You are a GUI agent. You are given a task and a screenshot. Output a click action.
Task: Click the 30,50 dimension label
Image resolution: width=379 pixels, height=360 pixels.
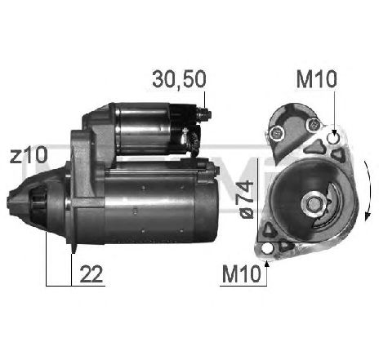[179, 79]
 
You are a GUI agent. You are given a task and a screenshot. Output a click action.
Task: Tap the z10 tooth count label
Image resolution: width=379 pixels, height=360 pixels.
[29, 155]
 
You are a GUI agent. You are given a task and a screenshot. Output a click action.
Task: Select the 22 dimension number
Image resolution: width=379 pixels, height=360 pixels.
[91, 274]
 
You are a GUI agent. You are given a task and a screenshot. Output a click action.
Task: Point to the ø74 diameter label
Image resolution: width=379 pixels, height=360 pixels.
[246, 199]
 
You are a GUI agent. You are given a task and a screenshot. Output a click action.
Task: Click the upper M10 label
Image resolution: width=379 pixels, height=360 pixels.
[317, 79]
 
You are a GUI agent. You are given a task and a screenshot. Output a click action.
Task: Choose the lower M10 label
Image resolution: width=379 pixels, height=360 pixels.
[242, 274]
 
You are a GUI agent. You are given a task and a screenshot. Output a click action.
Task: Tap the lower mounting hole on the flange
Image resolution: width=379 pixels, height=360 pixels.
[267, 248]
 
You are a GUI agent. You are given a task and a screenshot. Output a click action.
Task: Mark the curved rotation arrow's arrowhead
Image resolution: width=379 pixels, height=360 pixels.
[368, 216]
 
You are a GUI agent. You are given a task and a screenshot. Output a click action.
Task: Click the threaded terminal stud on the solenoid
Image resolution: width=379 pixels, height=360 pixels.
[205, 113]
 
